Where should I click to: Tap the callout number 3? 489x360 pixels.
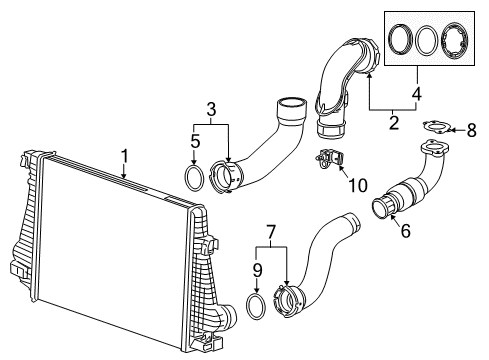click(x=211, y=108)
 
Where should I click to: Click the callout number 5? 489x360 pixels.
click(x=195, y=142)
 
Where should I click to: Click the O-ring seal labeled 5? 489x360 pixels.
click(x=197, y=178)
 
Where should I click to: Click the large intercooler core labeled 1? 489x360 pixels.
click(x=110, y=240)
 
